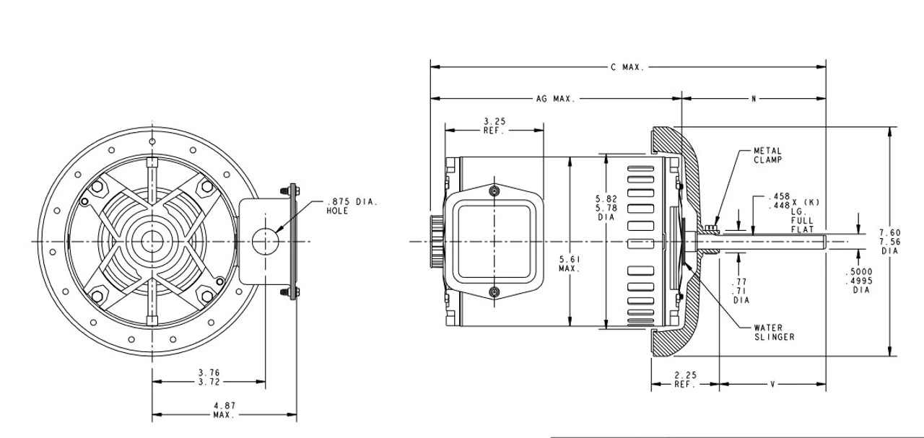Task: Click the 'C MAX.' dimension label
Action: point(627,67)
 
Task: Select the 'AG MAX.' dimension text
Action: point(555,99)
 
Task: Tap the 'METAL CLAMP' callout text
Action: point(767,155)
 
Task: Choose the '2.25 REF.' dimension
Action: point(684,380)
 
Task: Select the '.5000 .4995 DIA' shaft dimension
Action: point(859,281)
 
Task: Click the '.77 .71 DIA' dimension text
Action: point(741,290)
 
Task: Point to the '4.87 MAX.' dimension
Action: point(222,411)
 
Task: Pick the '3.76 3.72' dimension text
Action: point(209,377)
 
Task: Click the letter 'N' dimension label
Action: point(753,99)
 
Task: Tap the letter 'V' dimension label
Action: point(772,385)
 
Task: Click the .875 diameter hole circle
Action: point(266,240)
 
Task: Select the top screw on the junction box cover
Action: point(494,190)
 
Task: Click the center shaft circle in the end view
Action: point(152,240)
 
